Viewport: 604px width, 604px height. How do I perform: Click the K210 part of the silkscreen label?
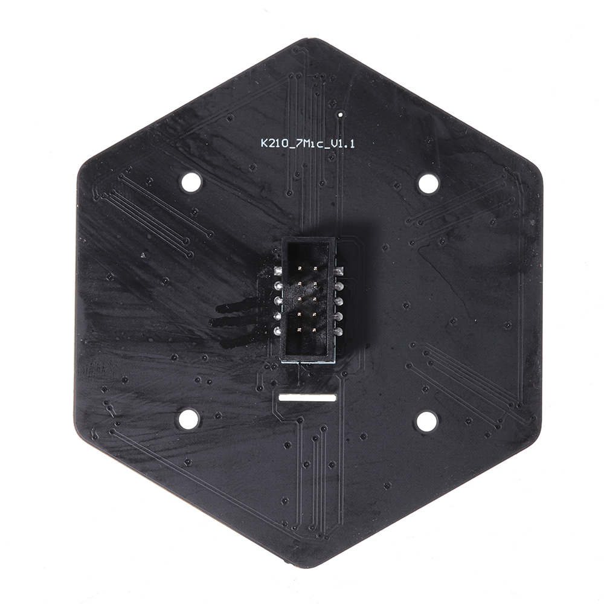[x=272, y=144]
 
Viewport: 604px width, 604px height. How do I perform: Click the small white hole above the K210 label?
[x=341, y=114]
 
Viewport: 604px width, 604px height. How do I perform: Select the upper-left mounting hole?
[x=190, y=182]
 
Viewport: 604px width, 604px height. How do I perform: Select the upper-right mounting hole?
[x=428, y=183]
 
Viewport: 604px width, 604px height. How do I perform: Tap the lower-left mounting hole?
[x=188, y=419]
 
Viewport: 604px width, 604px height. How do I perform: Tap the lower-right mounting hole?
[x=426, y=421]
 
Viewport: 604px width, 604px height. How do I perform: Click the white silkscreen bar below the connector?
[x=307, y=397]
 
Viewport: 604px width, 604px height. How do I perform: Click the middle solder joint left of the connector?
[x=278, y=300]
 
